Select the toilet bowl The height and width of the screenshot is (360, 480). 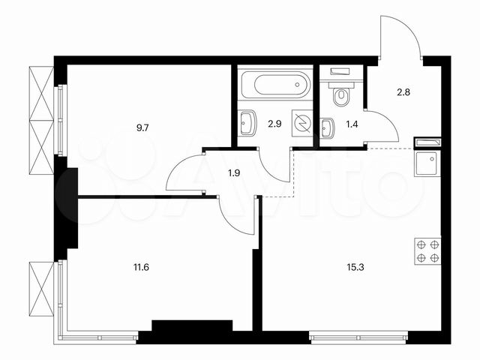pyautogui.click(x=341, y=95)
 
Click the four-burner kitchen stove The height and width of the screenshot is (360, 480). pyautogui.click(x=427, y=250)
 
